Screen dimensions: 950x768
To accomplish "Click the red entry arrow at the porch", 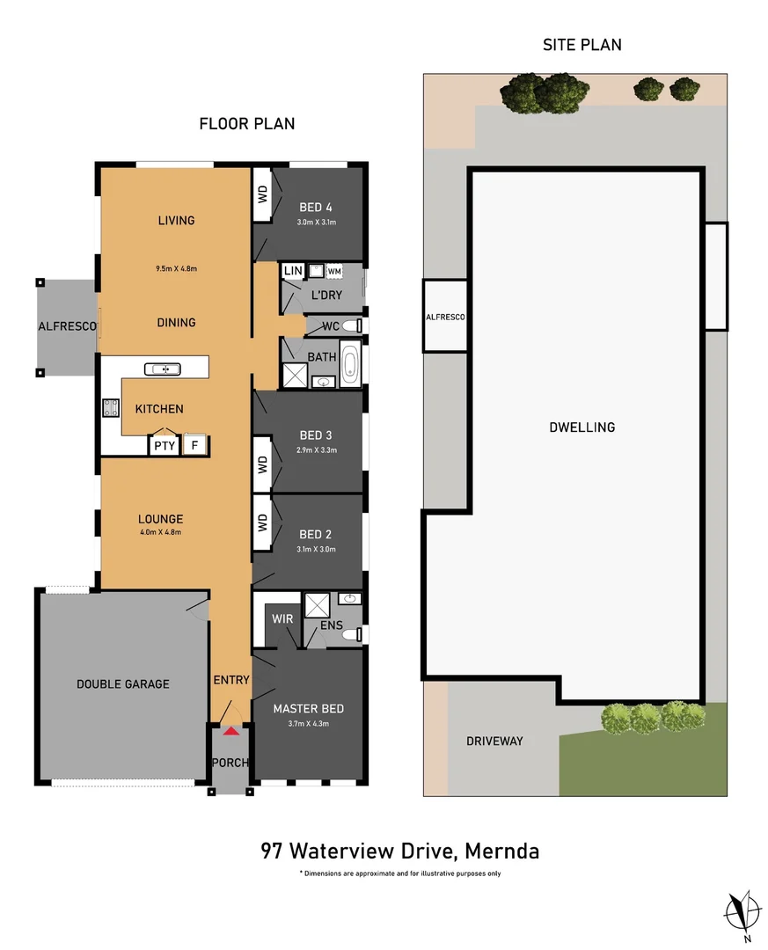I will coord(230,730).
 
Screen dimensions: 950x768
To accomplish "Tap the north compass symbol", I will coord(743,910).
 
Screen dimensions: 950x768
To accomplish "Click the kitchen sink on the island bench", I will coord(165,369).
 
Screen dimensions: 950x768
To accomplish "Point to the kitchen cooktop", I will coord(113,408).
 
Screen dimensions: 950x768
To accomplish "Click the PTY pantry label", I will coord(164,446).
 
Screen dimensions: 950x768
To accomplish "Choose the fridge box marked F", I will coord(194,445).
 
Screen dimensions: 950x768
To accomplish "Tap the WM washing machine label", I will coord(334,272).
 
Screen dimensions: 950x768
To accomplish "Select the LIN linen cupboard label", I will coord(293,271).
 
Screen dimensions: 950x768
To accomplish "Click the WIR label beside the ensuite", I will coord(282,619).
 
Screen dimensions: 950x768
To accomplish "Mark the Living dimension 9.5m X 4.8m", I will coord(177,268).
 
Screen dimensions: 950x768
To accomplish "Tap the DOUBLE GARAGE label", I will coord(122,683).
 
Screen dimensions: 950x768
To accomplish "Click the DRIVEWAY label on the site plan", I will coord(494,741).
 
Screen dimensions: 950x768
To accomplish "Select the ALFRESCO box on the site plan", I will coord(445,317).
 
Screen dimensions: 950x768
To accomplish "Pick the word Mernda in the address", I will coord(501,851).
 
